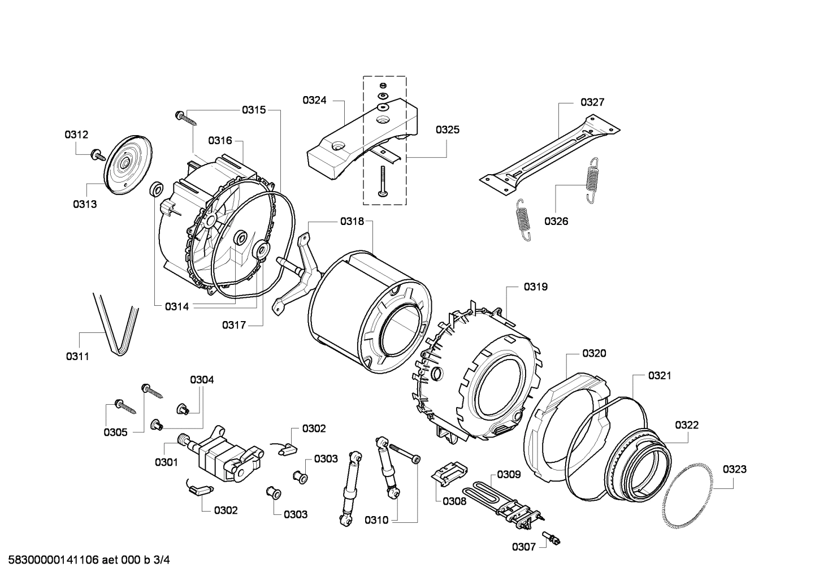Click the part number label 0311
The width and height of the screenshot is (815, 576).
point(77,356)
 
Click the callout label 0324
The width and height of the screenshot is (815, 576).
point(314,101)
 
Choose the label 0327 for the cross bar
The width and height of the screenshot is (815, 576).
point(592,102)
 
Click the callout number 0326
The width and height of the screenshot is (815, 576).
point(556,221)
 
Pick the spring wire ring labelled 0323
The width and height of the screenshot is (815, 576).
point(686,495)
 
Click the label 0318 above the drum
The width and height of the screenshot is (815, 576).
point(352,222)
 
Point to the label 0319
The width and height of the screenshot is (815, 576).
point(535,287)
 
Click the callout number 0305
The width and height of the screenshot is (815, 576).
point(115,432)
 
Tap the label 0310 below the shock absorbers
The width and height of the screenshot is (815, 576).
point(376,520)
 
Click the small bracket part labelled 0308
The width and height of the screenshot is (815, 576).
point(450,472)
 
